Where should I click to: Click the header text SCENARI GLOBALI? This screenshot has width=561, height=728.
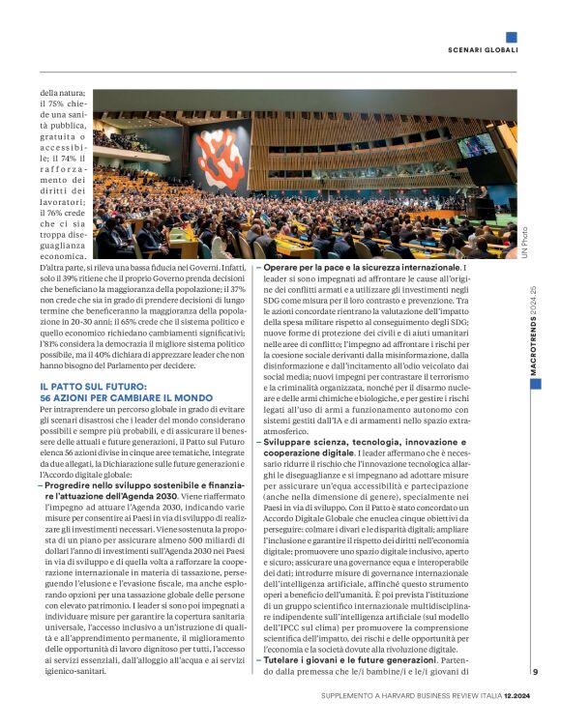tap(483, 49)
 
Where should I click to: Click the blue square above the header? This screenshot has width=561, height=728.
tap(511, 37)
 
